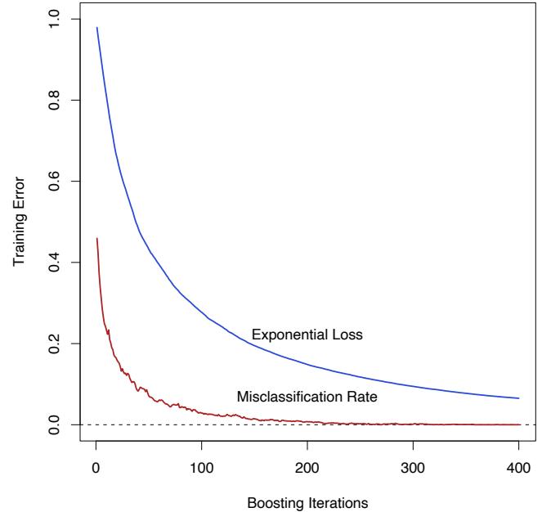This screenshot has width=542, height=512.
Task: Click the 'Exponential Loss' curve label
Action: point(307,335)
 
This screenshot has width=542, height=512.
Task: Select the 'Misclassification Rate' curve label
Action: point(307,397)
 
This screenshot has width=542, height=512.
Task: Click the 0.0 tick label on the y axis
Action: point(55,424)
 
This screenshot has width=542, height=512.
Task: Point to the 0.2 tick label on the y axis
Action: point(55,344)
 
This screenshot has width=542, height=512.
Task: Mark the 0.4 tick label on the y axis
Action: point(55,263)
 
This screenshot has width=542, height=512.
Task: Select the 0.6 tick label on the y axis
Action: point(55,182)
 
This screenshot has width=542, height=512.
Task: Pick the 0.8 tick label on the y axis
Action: point(55,101)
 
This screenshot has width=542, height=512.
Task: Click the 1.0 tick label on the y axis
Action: point(55,20)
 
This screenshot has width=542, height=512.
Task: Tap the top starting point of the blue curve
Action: point(96,28)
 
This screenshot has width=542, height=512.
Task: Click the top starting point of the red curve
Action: point(96,239)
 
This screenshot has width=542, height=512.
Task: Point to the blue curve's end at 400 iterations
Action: point(518,398)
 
